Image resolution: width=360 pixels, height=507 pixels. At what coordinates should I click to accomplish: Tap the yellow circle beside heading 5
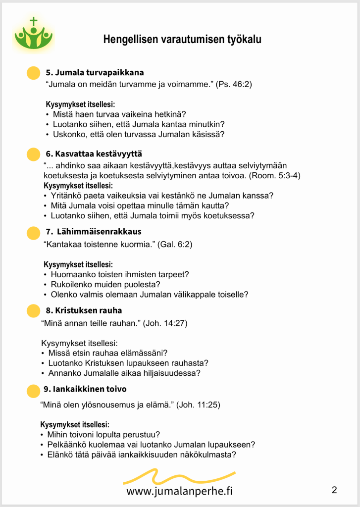click(x=33, y=73)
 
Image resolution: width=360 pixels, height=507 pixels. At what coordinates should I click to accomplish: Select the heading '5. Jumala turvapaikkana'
click(x=95, y=72)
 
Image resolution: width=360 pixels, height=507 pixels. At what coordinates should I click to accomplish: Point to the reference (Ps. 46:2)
click(x=234, y=84)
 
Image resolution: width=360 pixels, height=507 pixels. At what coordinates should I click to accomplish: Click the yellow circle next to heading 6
click(x=33, y=154)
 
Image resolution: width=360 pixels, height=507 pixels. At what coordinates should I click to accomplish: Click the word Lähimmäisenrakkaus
click(x=99, y=232)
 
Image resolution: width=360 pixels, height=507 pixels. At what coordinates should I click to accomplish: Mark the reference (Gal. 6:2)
click(x=175, y=244)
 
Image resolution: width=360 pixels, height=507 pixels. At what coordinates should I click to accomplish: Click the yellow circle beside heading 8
click(x=33, y=311)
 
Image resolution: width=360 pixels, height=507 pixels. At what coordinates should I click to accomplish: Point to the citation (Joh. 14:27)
click(x=165, y=323)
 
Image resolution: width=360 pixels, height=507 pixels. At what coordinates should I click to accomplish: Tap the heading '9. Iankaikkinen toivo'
click(x=86, y=389)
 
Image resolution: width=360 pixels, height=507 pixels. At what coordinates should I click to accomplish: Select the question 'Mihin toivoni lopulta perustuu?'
click(x=103, y=435)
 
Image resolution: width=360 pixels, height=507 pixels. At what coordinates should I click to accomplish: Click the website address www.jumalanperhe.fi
click(x=179, y=491)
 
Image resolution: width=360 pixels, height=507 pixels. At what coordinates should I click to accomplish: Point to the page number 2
click(x=334, y=491)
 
